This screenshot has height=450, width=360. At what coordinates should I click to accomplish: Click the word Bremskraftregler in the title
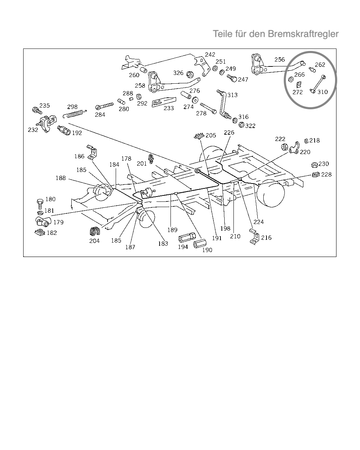(303, 34)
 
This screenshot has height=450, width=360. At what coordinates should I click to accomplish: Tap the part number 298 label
(72, 107)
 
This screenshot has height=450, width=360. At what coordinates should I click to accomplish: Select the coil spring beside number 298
(75, 114)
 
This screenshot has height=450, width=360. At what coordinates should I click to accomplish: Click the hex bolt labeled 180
(40, 204)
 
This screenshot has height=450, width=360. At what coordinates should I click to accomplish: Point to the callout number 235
(45, 105)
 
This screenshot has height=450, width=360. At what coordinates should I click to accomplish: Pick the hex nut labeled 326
(190, 75)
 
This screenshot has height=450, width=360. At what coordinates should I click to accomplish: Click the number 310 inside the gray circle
(322, 92)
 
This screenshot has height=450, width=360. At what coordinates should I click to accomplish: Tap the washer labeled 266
(291, 79)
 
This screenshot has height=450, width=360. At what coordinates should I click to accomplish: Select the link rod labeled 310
(318, 84)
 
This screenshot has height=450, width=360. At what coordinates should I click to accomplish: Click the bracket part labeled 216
(255, 237)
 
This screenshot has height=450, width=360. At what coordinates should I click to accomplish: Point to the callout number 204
(94, 241)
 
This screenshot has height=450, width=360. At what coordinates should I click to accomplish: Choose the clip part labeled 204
(95, 231)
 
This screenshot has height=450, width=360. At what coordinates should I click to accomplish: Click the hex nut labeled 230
(314, 165)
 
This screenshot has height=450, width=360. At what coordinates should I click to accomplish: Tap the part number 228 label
(326, 174)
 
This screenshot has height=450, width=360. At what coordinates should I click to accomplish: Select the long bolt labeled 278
(208, 108)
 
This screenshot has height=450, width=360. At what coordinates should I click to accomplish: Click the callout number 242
(210, 54)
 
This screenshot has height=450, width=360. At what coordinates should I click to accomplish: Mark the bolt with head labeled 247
(232, 78)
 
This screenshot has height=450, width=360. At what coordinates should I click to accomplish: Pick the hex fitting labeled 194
(187, 238)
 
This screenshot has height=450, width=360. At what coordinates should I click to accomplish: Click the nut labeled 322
(242, 125)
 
